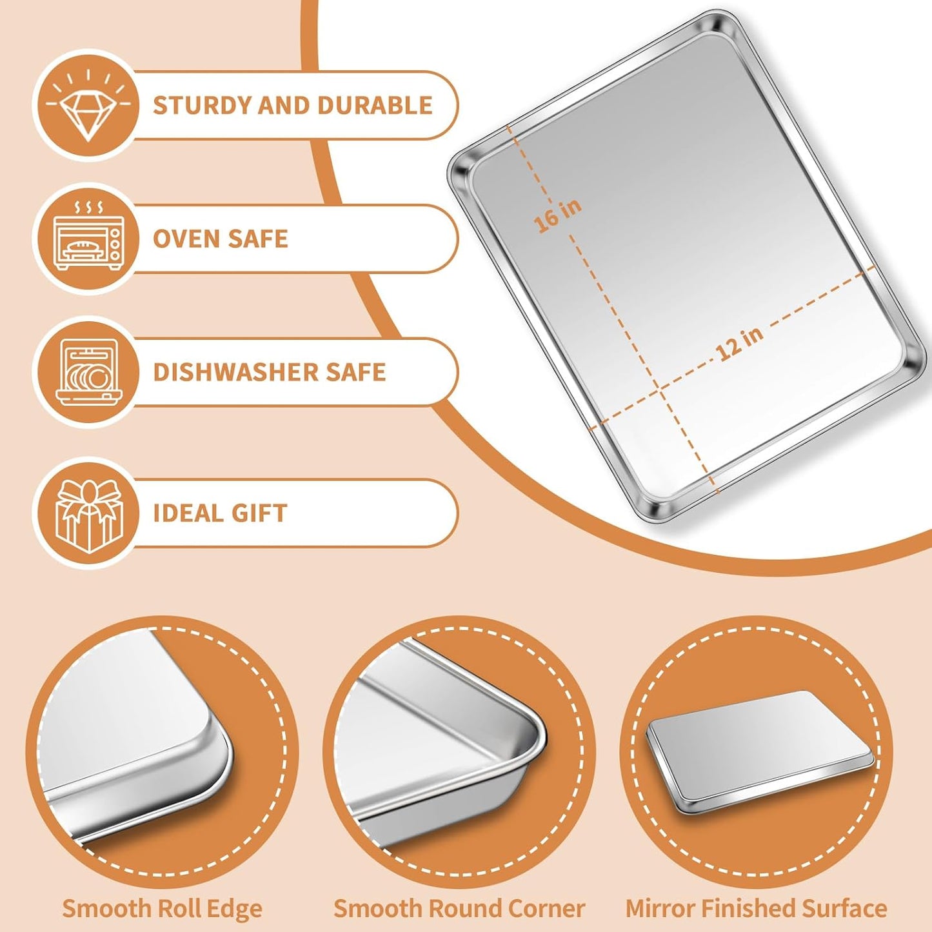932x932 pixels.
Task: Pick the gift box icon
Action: point(88,513)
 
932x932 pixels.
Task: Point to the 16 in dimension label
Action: point(558,215)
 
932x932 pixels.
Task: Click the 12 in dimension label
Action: point(740,344)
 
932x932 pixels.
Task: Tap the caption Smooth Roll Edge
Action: point(162,909)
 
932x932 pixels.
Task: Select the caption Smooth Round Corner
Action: point(459,909)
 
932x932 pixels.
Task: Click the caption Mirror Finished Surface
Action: point(756,909)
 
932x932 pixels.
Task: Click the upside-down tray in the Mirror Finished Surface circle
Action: point(758,750)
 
